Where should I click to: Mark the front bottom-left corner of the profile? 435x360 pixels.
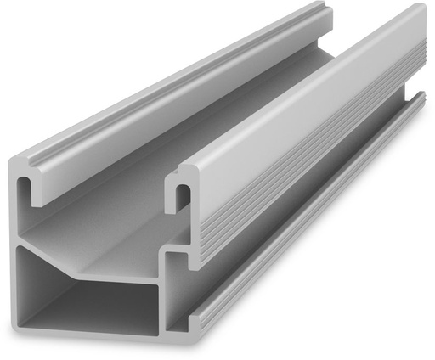coord(20,323)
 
